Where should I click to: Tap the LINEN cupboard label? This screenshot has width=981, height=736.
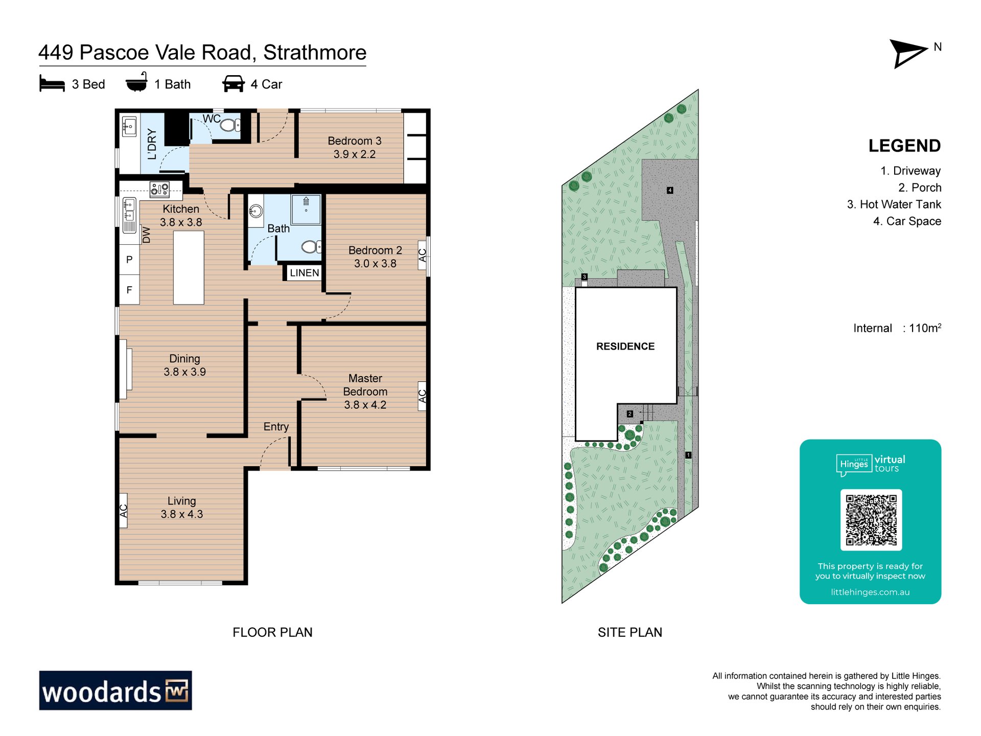305,273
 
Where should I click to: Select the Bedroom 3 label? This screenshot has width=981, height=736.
355,141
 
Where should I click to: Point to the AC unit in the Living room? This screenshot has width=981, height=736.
124,510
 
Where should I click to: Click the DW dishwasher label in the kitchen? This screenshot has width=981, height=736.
147,235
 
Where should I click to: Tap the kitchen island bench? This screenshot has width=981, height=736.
189,268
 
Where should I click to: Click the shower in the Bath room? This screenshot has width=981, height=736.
306,209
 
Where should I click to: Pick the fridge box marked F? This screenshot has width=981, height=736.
129,290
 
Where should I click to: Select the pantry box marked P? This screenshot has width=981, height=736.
129,260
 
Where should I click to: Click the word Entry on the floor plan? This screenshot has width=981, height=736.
276,427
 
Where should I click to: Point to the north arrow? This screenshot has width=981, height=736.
908,53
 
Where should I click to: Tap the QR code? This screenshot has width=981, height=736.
871,520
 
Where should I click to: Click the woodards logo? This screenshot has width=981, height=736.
115,691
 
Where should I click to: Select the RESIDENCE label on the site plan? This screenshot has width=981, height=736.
625,347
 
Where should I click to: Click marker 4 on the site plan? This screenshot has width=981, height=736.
670,190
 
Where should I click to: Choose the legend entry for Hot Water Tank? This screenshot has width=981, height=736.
894,204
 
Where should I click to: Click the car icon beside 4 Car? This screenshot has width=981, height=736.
233,84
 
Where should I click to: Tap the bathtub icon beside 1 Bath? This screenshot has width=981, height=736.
137,82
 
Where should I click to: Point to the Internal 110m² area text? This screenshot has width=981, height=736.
897,328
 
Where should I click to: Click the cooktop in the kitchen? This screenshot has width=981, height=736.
159,190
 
